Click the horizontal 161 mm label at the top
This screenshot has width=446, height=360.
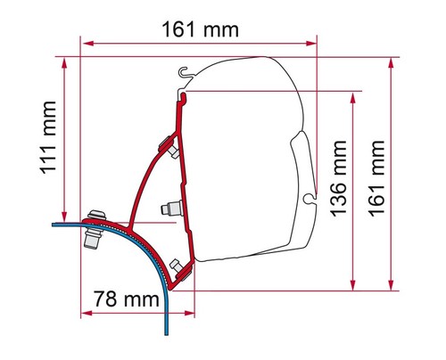point(200,29)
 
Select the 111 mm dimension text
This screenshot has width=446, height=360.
point(48,137)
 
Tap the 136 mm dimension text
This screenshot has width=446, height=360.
point(338,178)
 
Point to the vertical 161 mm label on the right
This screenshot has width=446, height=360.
point(376,178)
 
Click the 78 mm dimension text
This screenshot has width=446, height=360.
point(127,299)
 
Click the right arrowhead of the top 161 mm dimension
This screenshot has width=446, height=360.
point(311,44)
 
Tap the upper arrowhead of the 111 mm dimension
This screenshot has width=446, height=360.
point(64,63)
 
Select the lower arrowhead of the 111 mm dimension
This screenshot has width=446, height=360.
point(64,216)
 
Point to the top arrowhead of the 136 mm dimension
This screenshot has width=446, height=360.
point(353,98)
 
